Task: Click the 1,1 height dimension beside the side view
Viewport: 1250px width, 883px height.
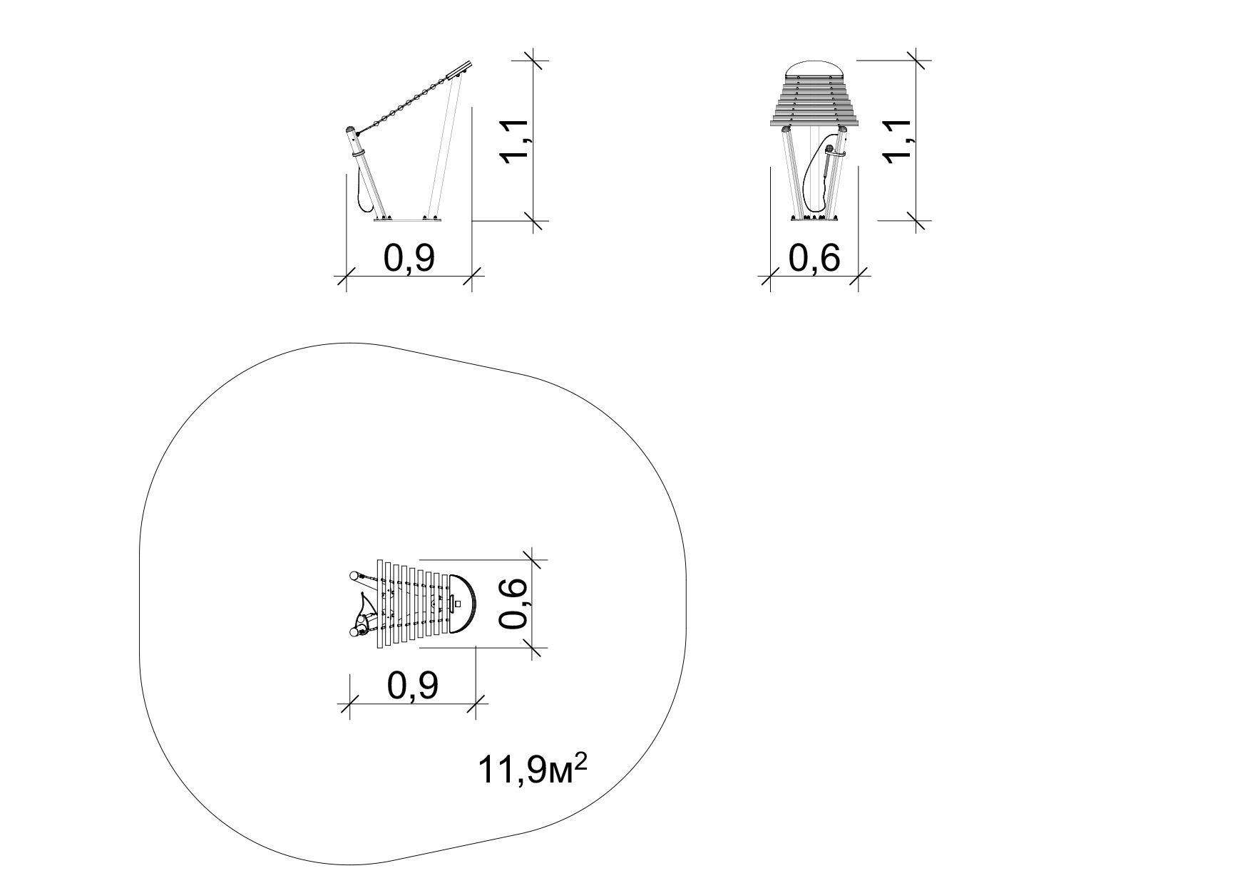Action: point(515,141)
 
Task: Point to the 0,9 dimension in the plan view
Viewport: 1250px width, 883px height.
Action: point(412,686)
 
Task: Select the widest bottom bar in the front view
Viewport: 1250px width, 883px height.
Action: point(814,123)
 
